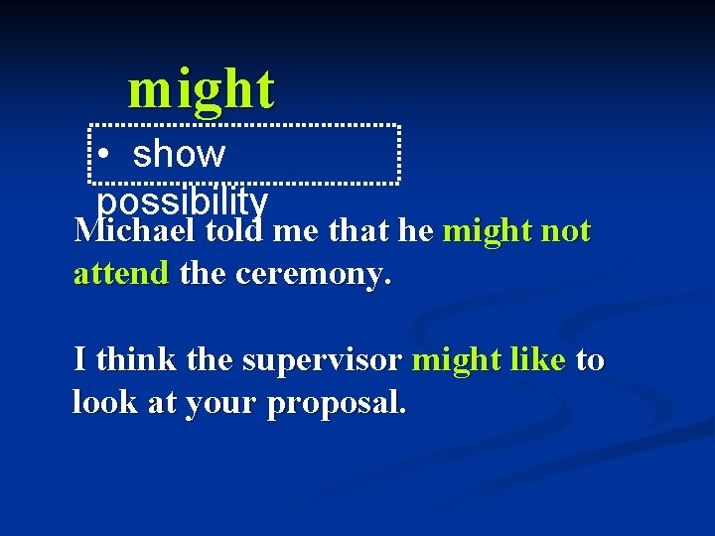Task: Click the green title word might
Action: (x=201, y=89)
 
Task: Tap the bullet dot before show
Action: (x=103, y=156)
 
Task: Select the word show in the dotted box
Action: (x=179, y=155)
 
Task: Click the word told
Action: (x=234, y=232)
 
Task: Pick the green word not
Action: (x=566, y=232)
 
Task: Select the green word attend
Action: (x=121, y=274)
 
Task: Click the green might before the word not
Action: (x=488, y=232)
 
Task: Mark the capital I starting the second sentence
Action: (x=79, y=359)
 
